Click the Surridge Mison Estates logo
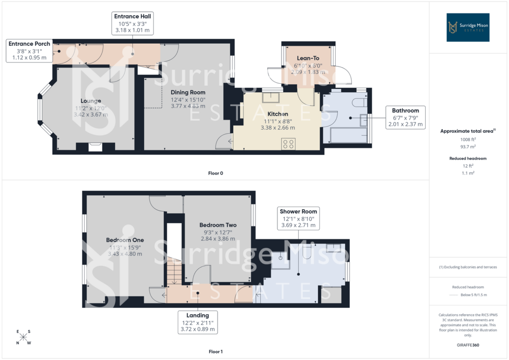468,27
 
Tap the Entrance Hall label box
132,23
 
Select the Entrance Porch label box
29,51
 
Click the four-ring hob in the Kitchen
288,144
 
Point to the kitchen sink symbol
271,97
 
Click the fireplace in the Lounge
95,147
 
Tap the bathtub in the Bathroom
349,135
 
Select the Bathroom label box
405,117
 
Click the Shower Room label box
298,218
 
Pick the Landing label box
198,322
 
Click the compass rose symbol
23,337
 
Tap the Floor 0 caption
216,173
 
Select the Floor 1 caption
216,351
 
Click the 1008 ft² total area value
468,139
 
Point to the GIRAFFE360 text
468,345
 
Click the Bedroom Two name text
218,225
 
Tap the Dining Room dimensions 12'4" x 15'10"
188,99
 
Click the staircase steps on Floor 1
176,271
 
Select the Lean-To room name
308,58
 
